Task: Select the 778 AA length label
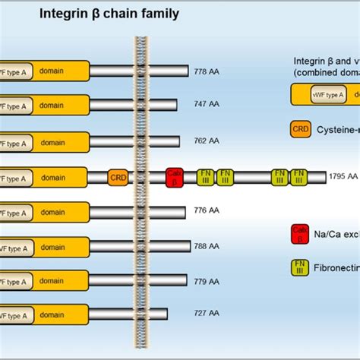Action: pos(207,71)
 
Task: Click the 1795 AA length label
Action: pos(342,177)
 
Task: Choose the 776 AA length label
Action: pos(206,211)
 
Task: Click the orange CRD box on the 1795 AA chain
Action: pos(118,178)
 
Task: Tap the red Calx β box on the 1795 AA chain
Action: pos(175,177)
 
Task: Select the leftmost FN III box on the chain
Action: pos(206,177)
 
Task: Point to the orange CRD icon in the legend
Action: pos(301,129)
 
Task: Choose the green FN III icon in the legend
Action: pos(301,267)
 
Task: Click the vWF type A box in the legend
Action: pos(328,94)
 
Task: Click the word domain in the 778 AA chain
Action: pos(52,71)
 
